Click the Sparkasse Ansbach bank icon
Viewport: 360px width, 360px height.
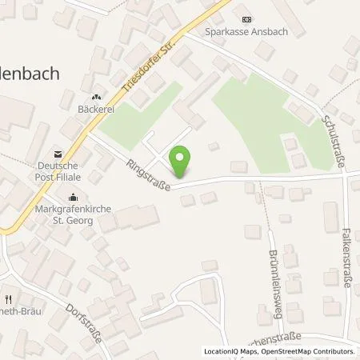click(x=246, y=20)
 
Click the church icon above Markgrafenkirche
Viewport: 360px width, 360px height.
click(x=74, y=197)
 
